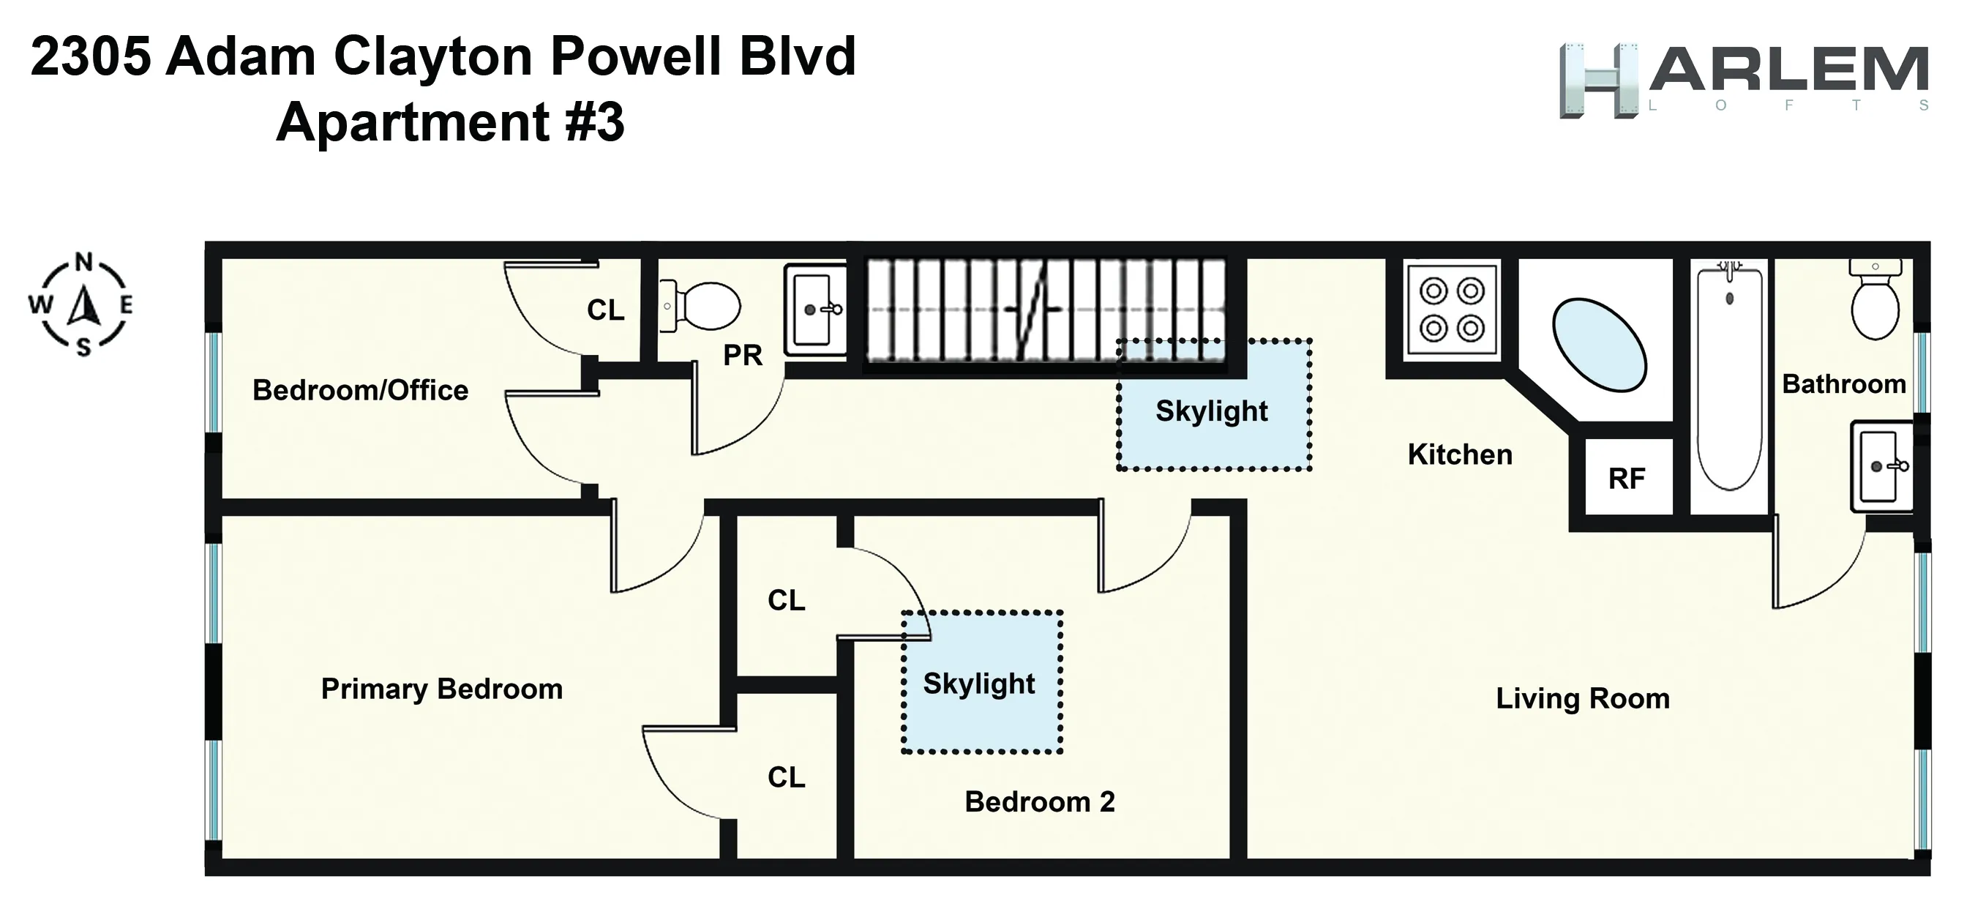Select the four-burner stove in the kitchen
point(1451,310)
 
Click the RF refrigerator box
point(1627,479)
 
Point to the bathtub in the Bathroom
point(1730,380)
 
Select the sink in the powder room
point(815,310)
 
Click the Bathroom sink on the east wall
point(1881,465)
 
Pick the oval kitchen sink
point(1600,344)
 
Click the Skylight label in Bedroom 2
point(979,683)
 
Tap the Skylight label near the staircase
point(1212,411)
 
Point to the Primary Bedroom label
point(442,689)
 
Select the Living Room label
point(1583,698)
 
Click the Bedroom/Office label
point(360,390)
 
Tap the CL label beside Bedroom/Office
point(606,310)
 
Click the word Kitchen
point(1460,454)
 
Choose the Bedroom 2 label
point(1040,801)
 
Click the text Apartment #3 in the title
point(451,123)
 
